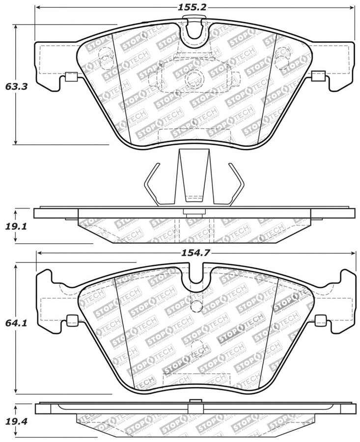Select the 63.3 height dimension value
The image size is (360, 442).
tap(16, 86)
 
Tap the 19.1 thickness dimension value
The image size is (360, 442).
tap(16, 226)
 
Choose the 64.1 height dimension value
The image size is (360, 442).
tap(16, 324)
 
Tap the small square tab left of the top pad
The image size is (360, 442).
tap(71, 76)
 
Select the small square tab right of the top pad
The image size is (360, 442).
tap(318, 76)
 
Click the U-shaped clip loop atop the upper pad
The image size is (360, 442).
tap(195, 29)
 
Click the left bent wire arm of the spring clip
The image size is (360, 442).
tap(150, 184)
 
